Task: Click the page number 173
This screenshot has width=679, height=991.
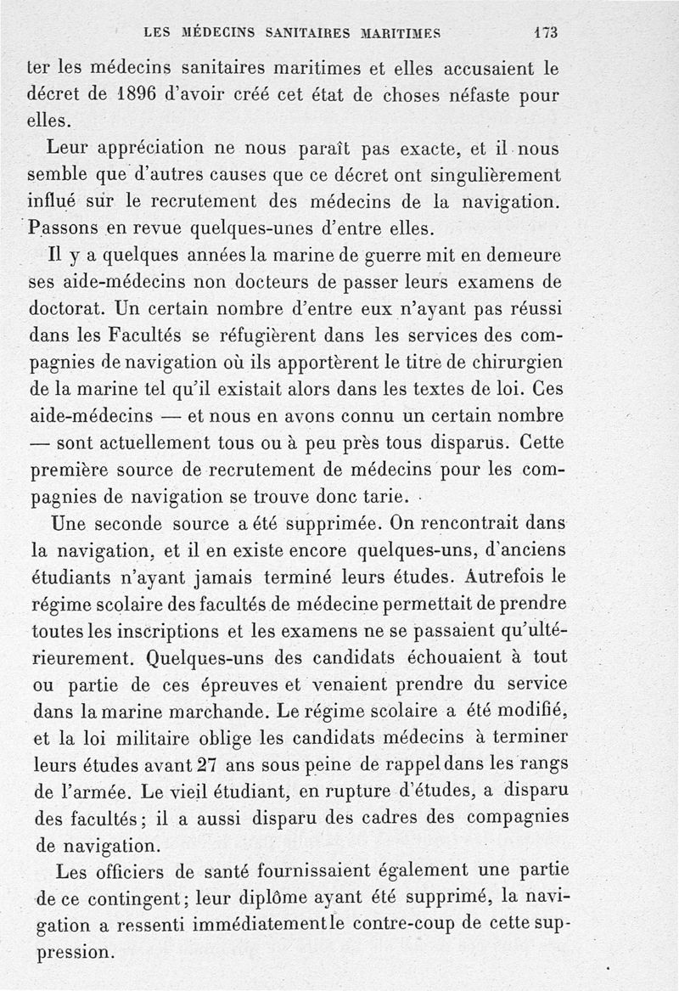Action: pos(546,33)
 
